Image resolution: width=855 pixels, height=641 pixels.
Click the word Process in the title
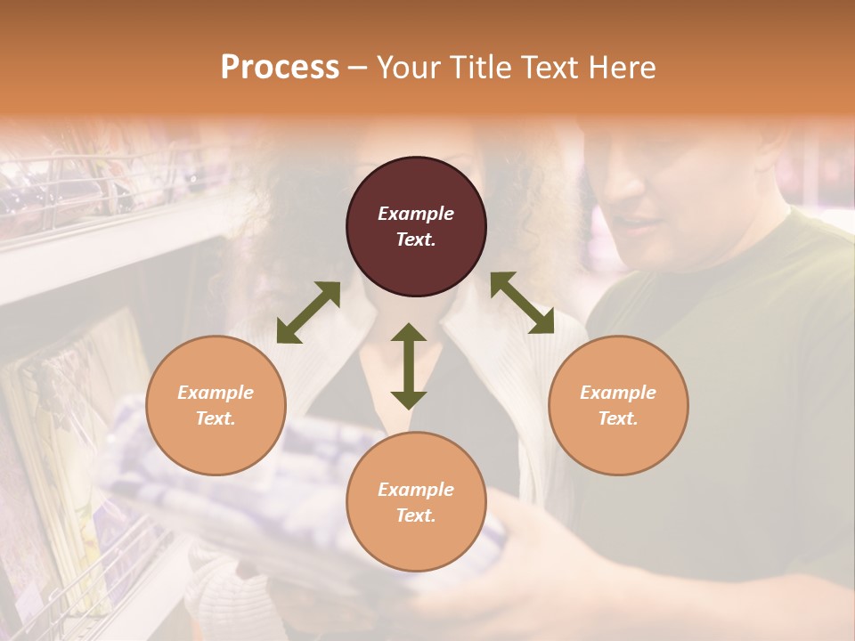(x=280, y=68)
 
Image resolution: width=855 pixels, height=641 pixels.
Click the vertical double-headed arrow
(x=409, y=367)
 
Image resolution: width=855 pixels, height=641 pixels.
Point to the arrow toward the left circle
(x=308, y=312)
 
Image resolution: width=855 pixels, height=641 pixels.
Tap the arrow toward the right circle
(x=522, y=304)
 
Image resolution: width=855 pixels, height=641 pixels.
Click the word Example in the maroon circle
(x=416, y=214)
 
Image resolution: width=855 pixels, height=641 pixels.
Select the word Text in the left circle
(x=216, y=418)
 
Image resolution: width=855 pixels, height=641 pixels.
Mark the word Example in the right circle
(x=618, y=393)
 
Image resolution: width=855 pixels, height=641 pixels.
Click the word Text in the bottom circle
(x=416, y=515)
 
